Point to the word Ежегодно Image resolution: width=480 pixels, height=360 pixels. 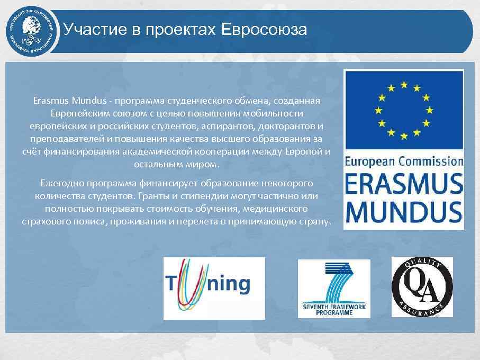coord(60,183)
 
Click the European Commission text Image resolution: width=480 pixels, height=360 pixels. coord(404,162)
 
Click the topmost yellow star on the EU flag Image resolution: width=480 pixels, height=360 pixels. coord(404,84)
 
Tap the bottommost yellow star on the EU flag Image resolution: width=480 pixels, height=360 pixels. coord(404,136)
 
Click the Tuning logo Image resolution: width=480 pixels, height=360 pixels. coord(214,287)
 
